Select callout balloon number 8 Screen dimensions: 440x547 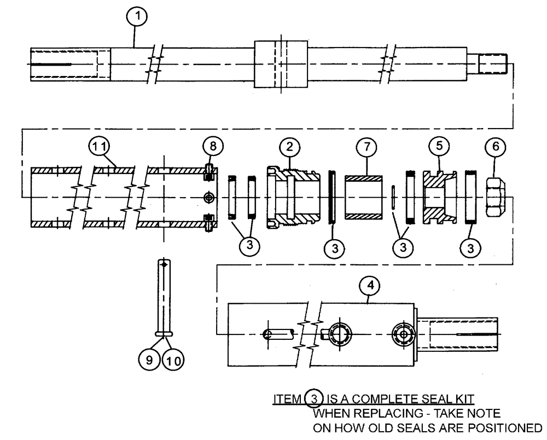[212, 146]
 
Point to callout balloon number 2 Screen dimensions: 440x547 [290, 146]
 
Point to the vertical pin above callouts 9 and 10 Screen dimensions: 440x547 [163, 296]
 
